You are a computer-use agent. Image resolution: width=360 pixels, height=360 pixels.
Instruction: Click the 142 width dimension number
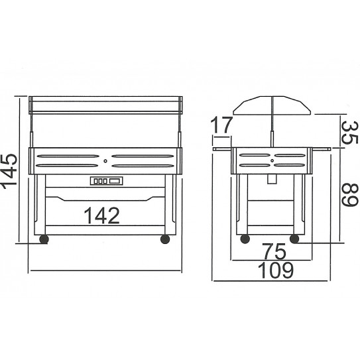pos(102,215)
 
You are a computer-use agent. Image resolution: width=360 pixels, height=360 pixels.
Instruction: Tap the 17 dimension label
pos(221,125)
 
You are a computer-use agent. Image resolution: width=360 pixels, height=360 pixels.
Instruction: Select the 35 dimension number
pos(350,133)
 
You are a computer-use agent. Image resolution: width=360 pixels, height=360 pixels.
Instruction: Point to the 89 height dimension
pos(350,195)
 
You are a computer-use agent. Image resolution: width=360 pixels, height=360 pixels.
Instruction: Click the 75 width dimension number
pos(274,251)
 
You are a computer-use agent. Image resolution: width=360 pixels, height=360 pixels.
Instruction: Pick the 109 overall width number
pos(276,270)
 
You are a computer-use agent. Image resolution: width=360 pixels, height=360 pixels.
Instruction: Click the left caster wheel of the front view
pos(44,239)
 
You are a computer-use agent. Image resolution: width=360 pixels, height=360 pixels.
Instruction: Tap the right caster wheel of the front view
pos(165,239)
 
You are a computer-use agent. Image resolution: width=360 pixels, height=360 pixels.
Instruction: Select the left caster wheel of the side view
pos(245,239)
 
